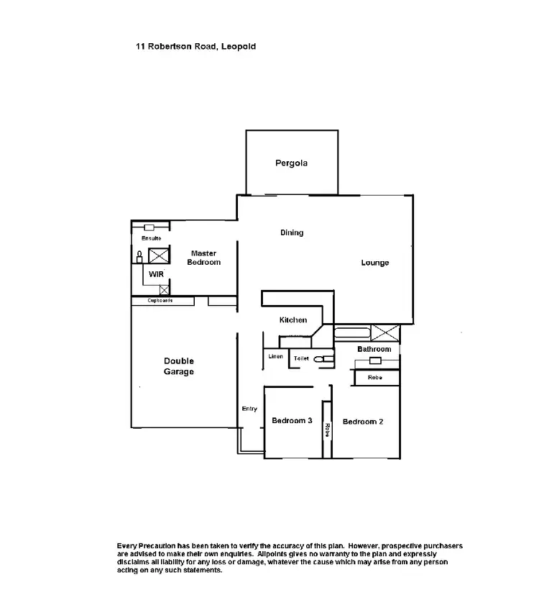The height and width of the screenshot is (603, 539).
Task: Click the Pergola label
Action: pos(291,163)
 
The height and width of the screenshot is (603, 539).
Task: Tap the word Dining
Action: pos(292,232)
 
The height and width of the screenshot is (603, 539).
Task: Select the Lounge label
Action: pos(374,263)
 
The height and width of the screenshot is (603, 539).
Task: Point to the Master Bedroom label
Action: pos(203,258)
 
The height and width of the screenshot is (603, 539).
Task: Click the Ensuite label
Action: pos(151,238)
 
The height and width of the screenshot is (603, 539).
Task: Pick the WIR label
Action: pos(156,275)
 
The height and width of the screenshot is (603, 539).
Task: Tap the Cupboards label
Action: pos(160,301)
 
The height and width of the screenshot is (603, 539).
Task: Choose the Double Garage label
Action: pos(178,366)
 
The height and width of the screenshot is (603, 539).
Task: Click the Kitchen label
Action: pos(293,320)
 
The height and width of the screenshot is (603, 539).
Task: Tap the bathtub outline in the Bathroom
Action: pos(352,333)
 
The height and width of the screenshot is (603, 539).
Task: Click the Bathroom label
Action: pos(374,349)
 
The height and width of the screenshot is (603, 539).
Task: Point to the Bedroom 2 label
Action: pos(362,422)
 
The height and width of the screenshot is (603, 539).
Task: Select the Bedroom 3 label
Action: pos(291,421)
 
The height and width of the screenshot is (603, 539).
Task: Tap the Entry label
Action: pos(249,409)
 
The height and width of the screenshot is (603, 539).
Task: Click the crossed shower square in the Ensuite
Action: pos(158,255)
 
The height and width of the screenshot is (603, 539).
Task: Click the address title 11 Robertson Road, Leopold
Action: pos(195,46)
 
